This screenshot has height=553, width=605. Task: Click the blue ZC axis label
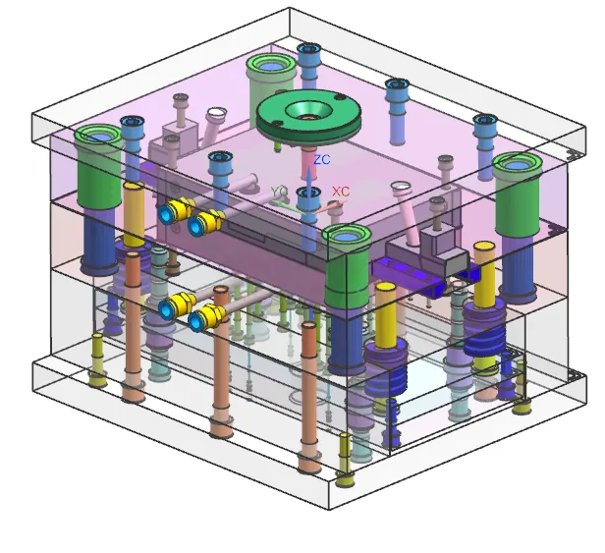pos(322,159)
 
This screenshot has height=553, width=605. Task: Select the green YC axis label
pos(279,192)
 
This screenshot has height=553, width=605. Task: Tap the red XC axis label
pos(341,192)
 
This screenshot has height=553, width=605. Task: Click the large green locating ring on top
pos(308,115)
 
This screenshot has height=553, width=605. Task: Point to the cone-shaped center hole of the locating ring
pos(308,110)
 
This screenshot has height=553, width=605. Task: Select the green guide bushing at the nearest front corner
pos(346,266)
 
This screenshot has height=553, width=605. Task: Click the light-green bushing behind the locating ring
pos(269,82)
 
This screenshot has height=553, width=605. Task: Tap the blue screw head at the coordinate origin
pos(308,193)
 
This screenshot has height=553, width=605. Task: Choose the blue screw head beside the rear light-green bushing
pos(308,49)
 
